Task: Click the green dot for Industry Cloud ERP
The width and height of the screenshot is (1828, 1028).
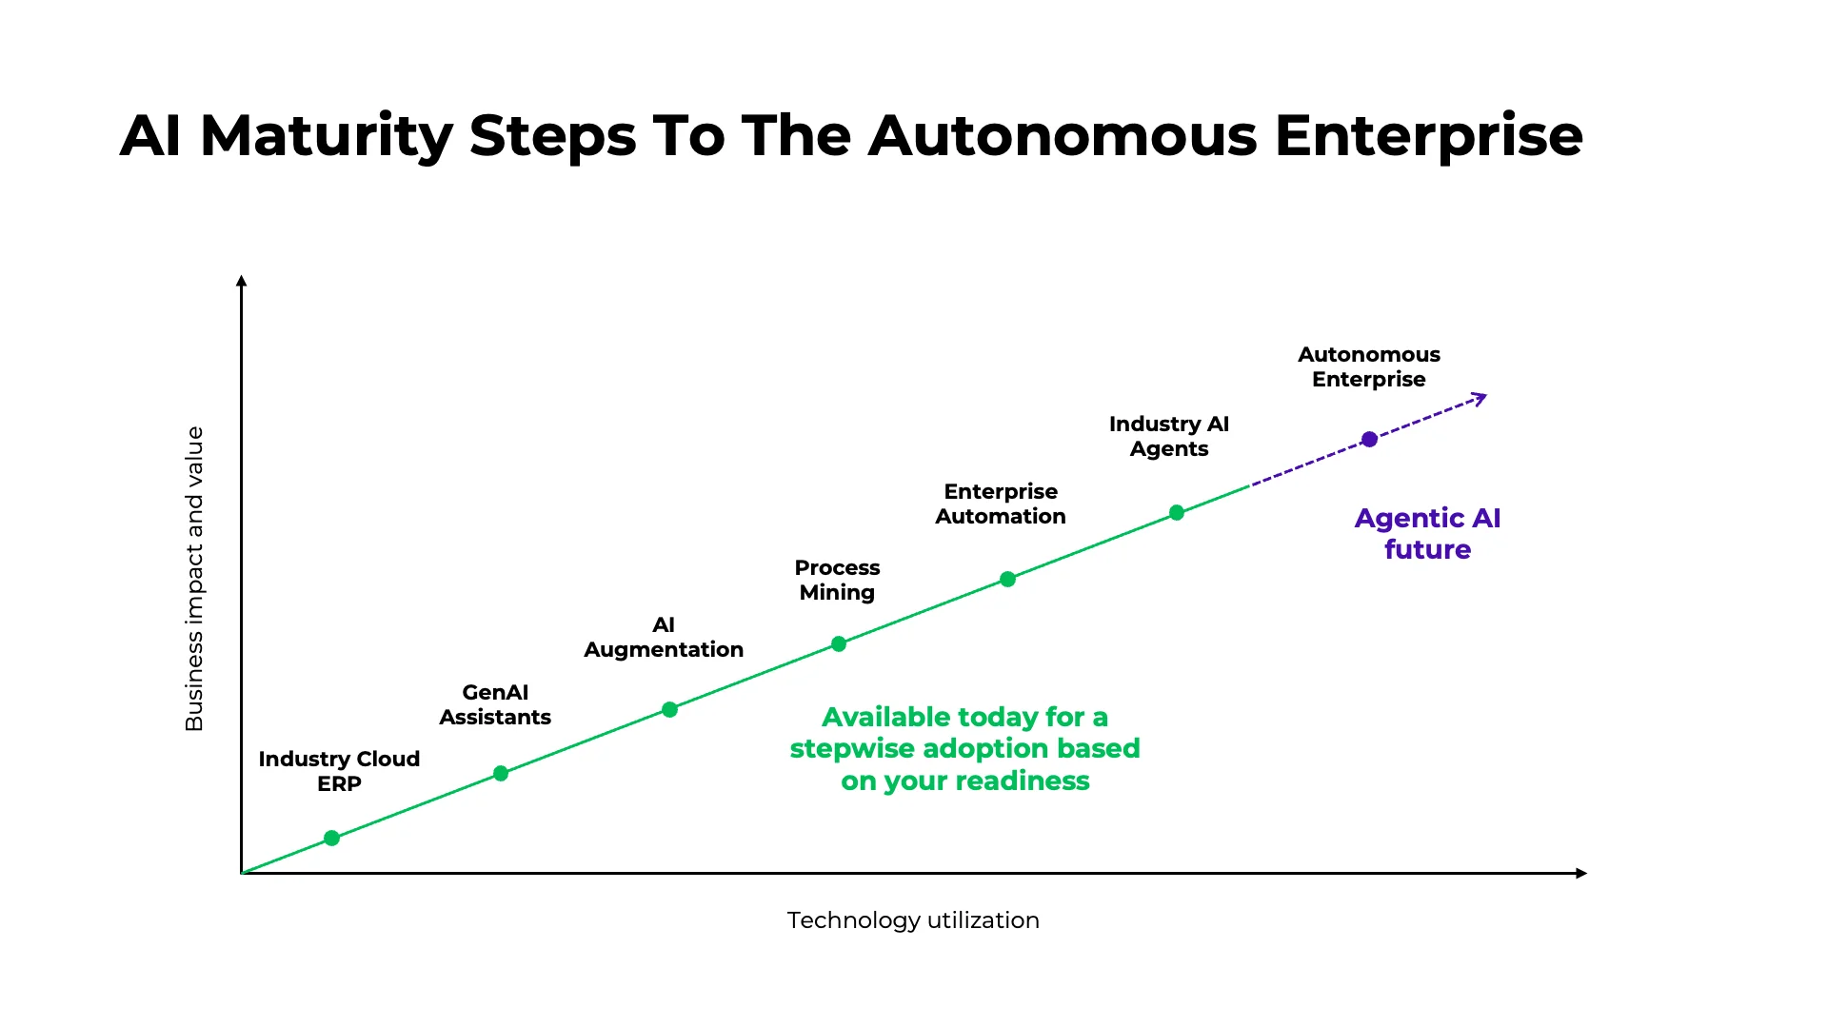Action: click(331, 838)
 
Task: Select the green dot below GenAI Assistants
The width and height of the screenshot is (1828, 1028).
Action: click(501, 773)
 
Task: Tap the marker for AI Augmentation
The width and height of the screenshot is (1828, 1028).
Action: click(669, 709)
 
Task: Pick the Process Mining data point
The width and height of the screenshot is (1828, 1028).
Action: click(839, 643)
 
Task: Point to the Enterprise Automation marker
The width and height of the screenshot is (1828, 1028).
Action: click(1007, 579)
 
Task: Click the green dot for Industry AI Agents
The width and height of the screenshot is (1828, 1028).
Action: click(1177, 512)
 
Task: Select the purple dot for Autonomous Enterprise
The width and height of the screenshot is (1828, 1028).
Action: click(1369, 439)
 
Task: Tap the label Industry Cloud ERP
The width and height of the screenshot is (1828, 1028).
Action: click(339, 771)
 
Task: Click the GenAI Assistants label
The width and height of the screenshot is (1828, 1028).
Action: click(495, 704)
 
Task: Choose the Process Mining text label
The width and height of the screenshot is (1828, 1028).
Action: click(837, 580)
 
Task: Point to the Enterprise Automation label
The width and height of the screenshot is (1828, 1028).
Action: click(1001, 504)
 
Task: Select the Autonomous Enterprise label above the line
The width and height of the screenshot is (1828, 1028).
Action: click(1369, 366)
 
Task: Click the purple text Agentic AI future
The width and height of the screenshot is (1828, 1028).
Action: click(1427, 533)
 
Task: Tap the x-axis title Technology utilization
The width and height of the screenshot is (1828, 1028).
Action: click(913, 920)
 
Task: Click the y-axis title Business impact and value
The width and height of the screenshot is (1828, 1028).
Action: click(194, 579)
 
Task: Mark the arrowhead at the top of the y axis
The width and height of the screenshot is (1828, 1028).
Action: click(242, 281)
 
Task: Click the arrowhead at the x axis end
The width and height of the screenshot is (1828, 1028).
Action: click(1581, 873)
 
